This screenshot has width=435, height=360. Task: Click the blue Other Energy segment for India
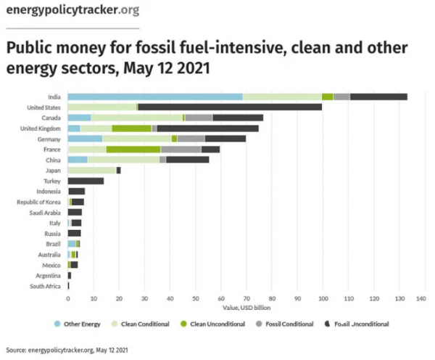click(x=154, y=97)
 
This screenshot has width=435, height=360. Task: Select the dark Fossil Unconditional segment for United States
click(x=230, y=107)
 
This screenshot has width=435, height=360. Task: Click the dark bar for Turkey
click(x=86, y=180)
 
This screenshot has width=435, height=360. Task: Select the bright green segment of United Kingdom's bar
click(x=131, y=128)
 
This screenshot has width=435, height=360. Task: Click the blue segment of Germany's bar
click(x=85, y=138)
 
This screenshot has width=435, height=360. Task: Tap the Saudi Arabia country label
click(x=46, y=212)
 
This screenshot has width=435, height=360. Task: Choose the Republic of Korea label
click(x=41, y=201)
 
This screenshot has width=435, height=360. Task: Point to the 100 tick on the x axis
click(x=323, y=298)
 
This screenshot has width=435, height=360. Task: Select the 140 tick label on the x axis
click(x=425, y=298)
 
